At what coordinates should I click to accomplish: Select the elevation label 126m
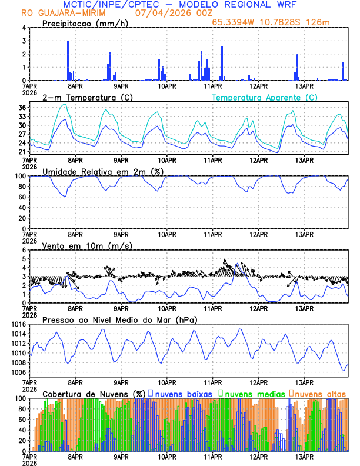(318, 22)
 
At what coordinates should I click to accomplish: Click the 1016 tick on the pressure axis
(18, 324)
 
